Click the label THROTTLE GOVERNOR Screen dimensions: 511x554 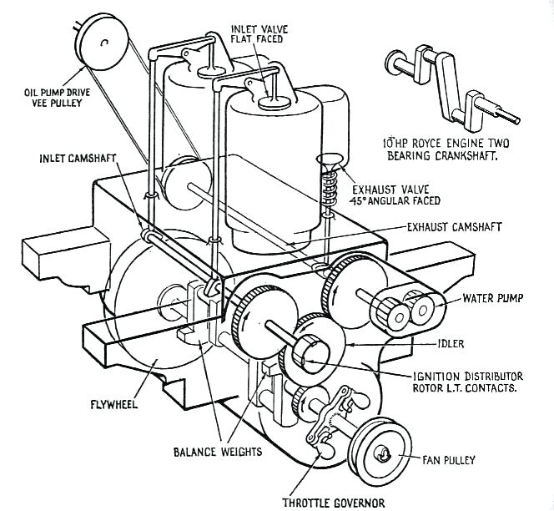(x=335, y=502)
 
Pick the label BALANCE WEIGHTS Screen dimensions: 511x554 (x=218, y=452)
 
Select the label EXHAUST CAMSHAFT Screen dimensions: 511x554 (x=451, y=225)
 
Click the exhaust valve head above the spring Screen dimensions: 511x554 (x=330, y=160)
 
